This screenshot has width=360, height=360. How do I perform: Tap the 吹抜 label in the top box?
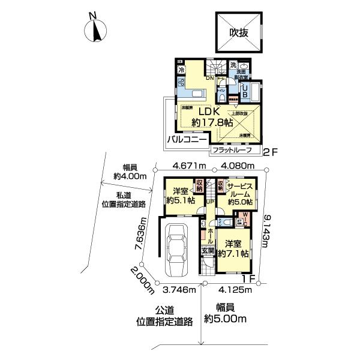click(238, 34)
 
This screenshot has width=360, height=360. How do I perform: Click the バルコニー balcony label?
click(187, 139)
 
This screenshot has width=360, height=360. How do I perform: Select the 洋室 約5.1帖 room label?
click(178, 196)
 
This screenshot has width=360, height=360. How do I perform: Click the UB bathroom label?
click(245, 90)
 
